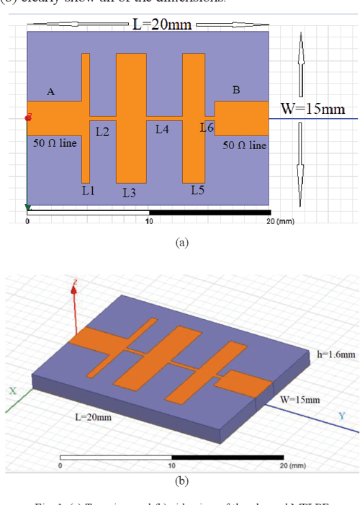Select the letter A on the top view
pos(50,92)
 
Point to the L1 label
pos(88,190)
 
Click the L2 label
pos(102,131)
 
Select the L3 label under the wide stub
pos(129,192)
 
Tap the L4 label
pos(162,130)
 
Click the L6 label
pos(207,128)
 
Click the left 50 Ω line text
pos(58,143)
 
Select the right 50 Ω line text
pos(244,146)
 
